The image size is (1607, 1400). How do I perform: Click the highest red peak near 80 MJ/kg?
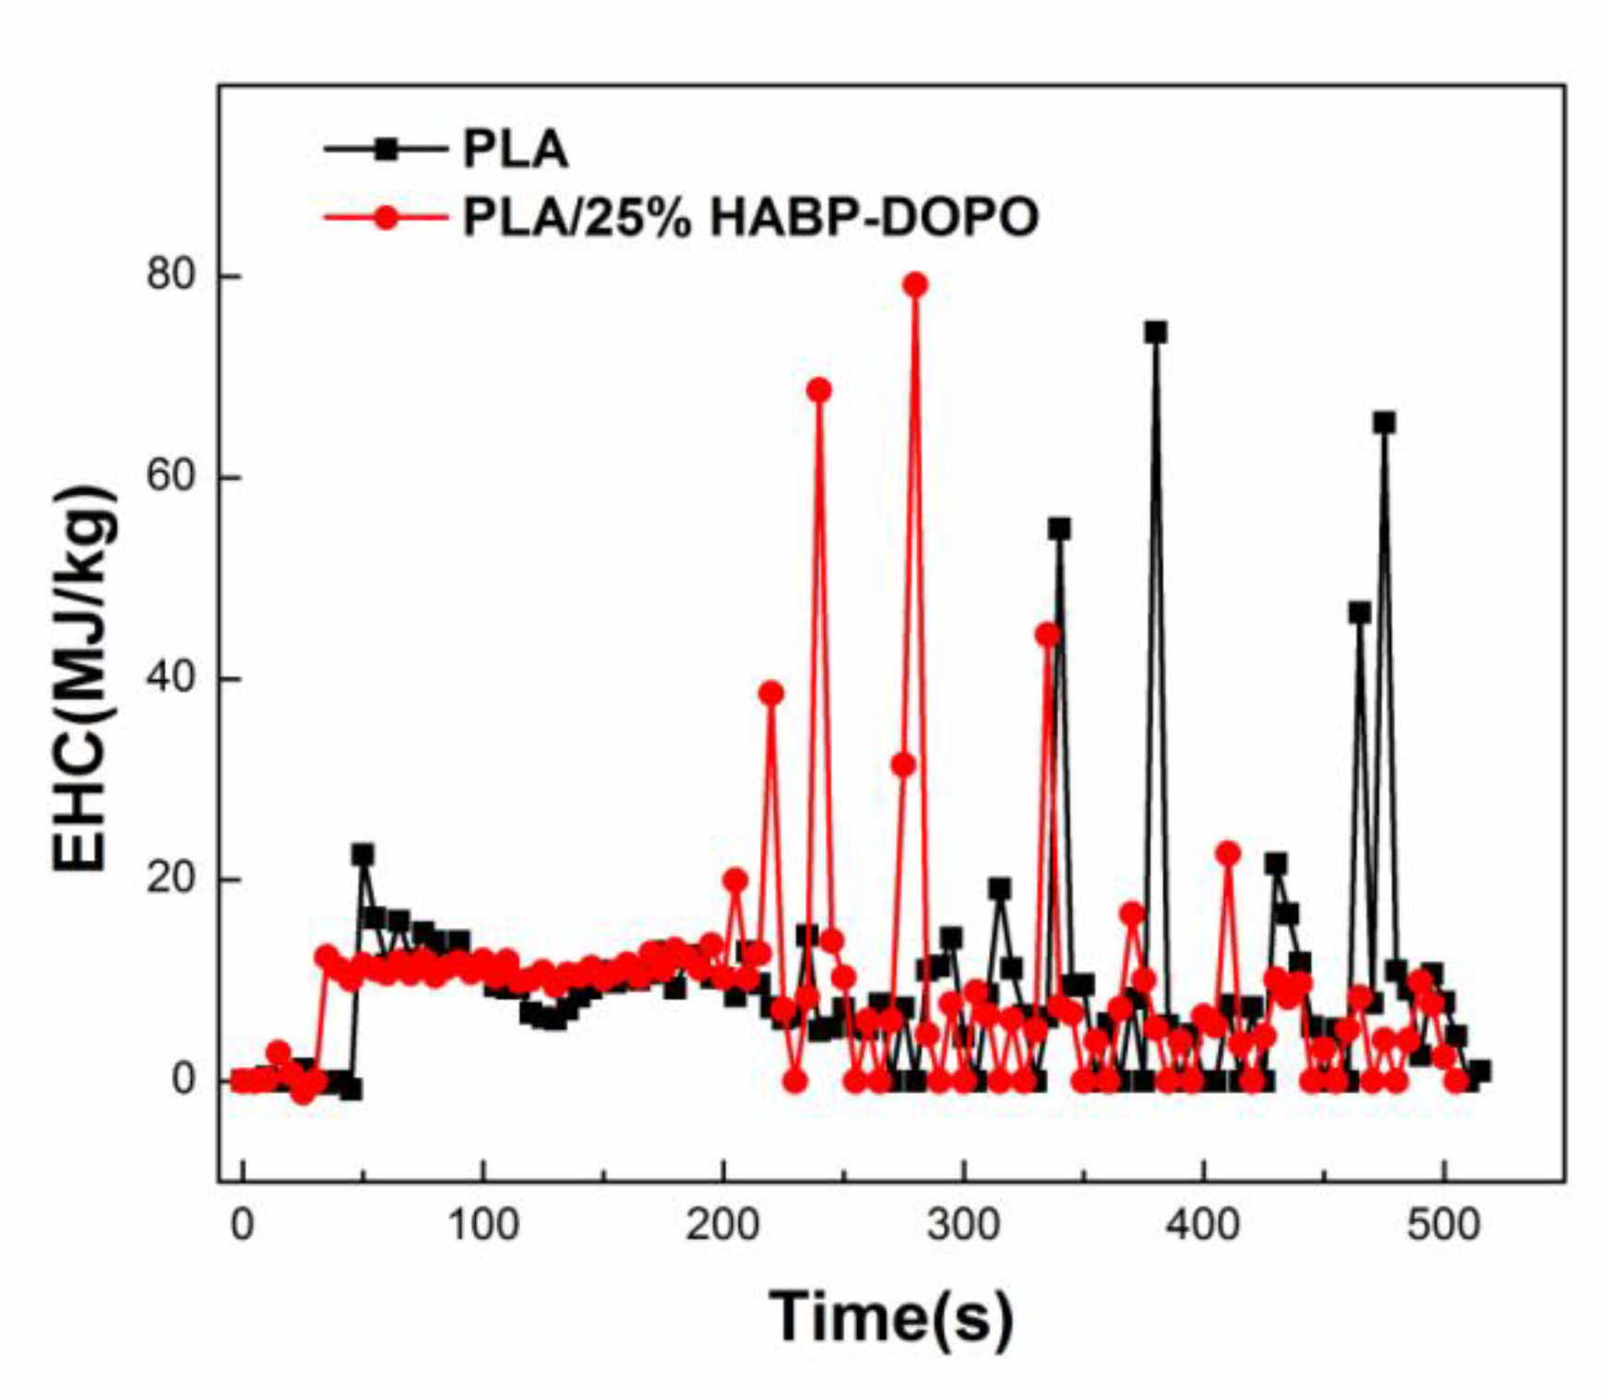(915, 284)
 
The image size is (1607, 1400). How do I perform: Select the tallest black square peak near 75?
(1155, 332)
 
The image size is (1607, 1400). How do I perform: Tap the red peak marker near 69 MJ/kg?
(819, 390)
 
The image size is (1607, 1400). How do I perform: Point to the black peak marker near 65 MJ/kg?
(1384, 423)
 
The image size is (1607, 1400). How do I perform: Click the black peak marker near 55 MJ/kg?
(1059, 529)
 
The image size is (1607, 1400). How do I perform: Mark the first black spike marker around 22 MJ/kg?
(363, 855)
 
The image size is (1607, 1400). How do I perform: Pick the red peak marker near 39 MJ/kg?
(771, 693)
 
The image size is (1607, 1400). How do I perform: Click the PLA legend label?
(515, 149)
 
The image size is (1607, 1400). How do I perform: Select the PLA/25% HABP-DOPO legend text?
(750, 218)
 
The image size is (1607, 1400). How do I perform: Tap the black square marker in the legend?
(387, 149)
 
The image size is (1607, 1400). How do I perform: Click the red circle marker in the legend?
(387, 218)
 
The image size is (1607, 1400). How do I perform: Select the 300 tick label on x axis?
(963, 1225)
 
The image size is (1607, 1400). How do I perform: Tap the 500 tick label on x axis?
(1444, 1225)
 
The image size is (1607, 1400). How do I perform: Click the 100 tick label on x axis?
(482, 1225)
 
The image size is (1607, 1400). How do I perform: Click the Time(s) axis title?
(891, 1317)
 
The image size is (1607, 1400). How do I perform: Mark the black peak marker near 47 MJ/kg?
(1360, 613)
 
